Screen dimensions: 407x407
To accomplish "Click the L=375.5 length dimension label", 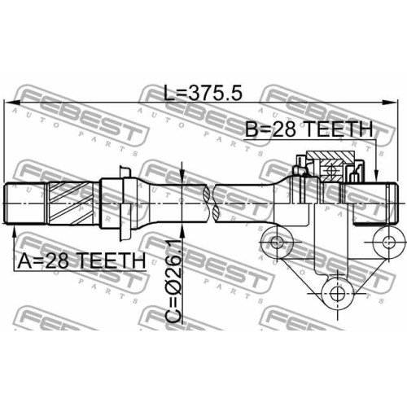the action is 203,93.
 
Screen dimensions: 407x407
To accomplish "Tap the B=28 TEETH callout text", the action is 309,129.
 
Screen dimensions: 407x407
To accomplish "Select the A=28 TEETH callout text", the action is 81,261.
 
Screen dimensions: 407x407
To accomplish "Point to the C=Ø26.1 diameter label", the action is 173,282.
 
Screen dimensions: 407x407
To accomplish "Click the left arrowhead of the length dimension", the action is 12,103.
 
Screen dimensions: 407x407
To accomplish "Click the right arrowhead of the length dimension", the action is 390,103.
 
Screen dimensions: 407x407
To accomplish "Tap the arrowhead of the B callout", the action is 376,175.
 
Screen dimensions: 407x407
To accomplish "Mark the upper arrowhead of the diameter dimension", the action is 182,177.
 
